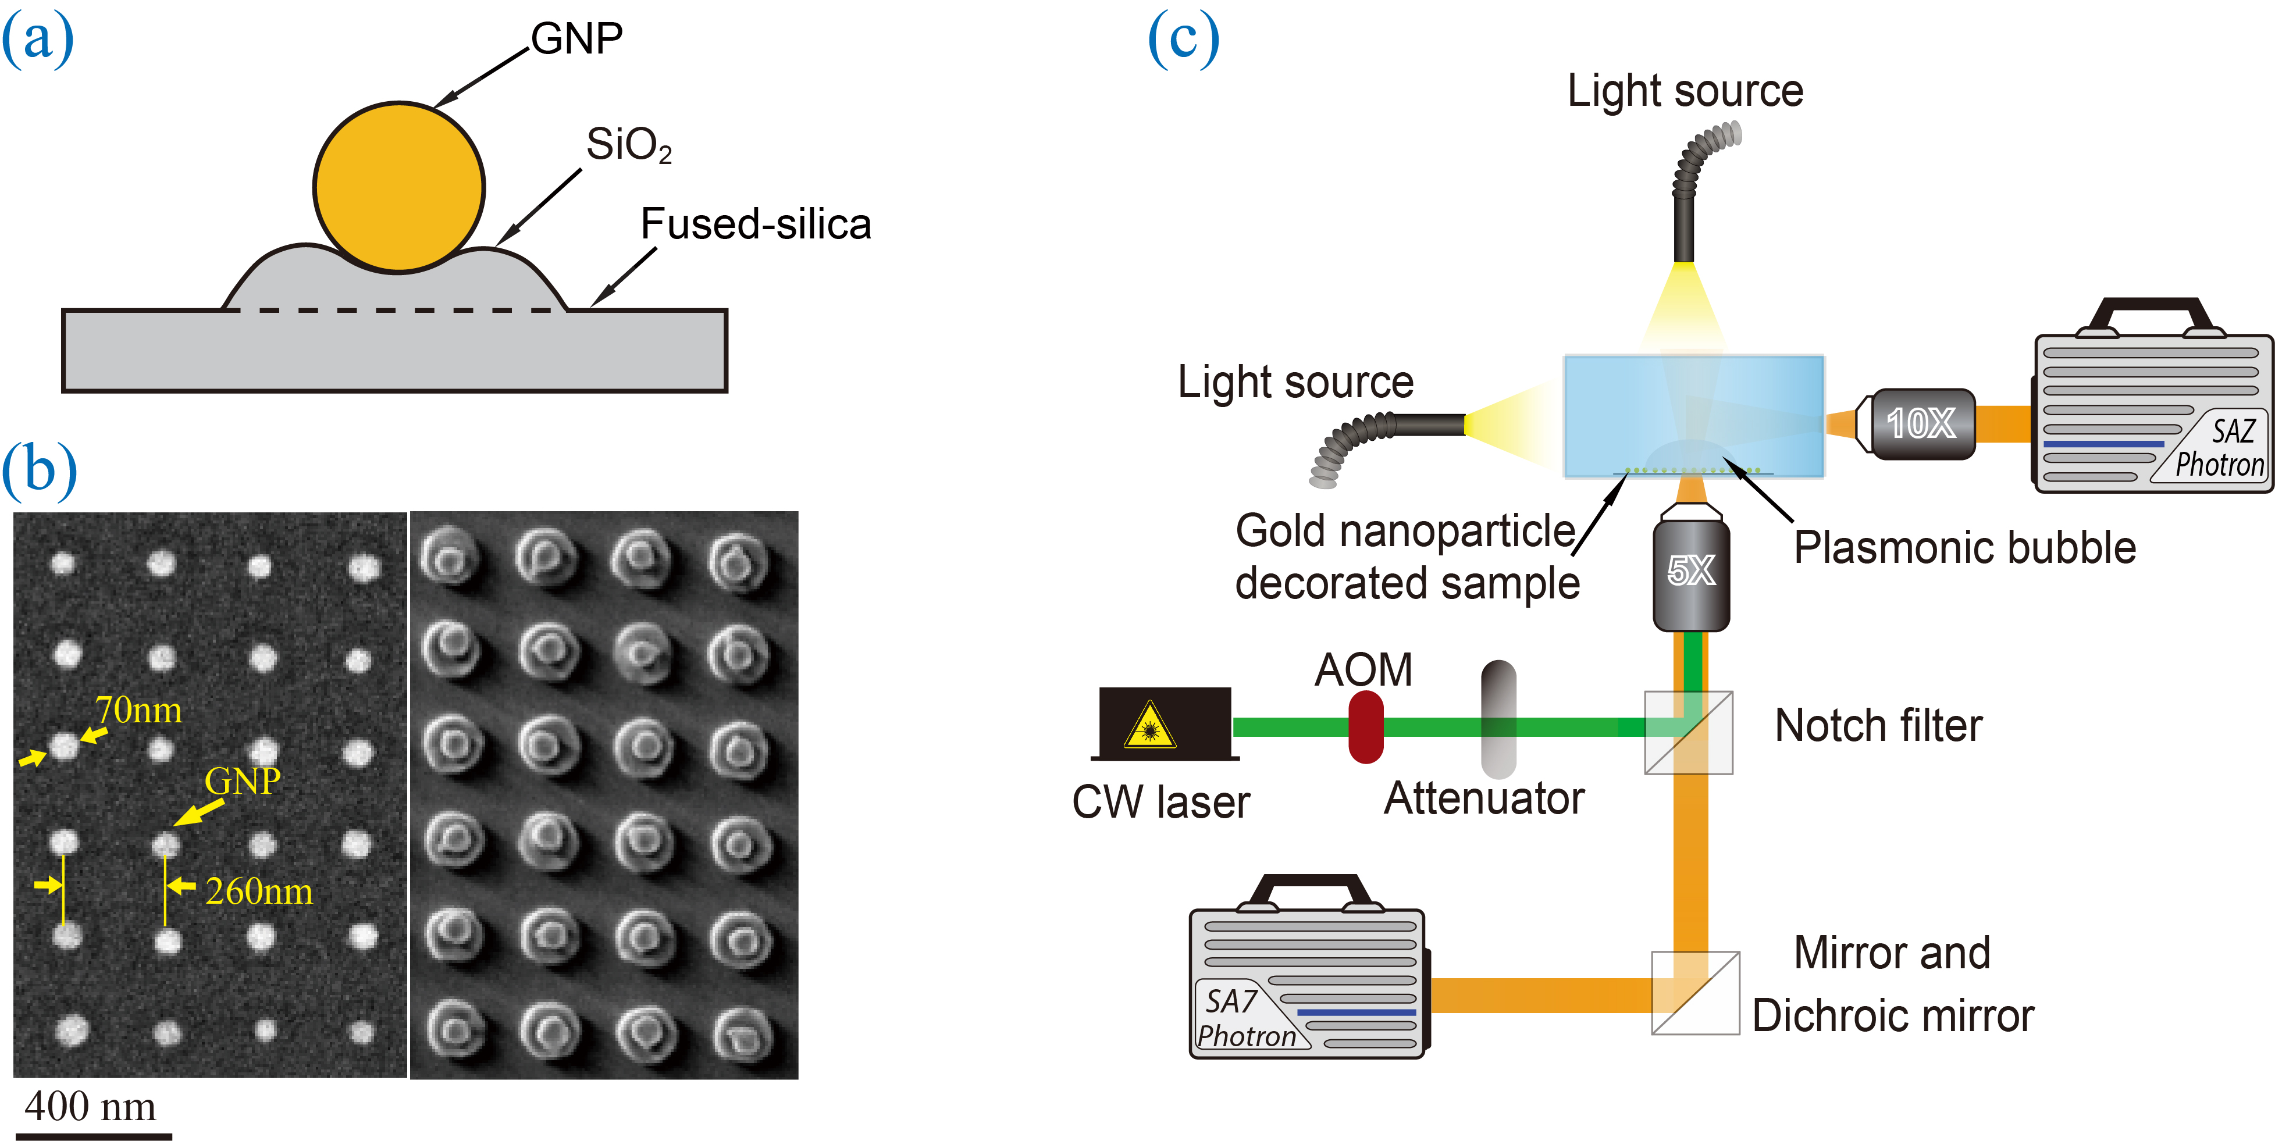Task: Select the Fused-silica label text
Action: coord(755,224)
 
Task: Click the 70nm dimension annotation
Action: coord(138,710)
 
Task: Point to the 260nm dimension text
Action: coord(259,891)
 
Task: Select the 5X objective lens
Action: coord(1690,572)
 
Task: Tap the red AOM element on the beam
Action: coord(1365,727)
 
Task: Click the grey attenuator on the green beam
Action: coord(1498,720)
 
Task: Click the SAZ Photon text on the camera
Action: coord(2219,448)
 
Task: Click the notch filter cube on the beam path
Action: coord(1687,732)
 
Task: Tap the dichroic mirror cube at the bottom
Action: coord(1695,993)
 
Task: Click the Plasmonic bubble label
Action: coord(1964,548)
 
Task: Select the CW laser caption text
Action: coord(1160,802)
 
